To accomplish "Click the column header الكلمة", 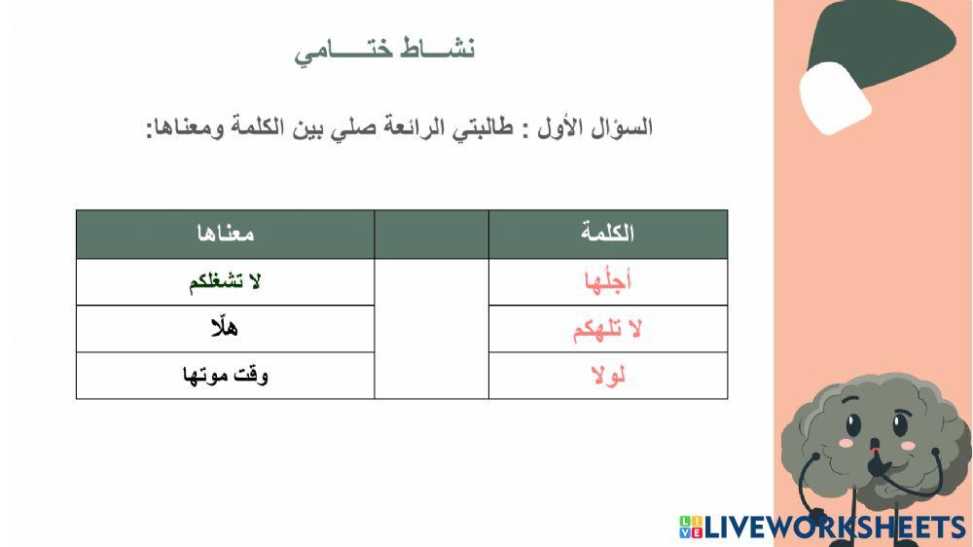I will coord(608,234).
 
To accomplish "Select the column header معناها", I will coord(225,234).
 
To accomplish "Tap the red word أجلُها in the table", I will coord(608,282).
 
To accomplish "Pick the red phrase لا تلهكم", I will coord(608,329).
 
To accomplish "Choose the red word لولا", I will coord(608,376).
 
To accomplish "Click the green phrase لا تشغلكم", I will coord(225,282).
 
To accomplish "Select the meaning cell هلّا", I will coord(225,329).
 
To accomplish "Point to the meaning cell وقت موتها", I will coord(225,376).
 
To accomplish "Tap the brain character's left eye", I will coord(852,425).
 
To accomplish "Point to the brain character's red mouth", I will coord(875,450).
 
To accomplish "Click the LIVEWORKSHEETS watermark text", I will coord(835,528).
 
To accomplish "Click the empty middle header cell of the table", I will coord(431,234).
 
